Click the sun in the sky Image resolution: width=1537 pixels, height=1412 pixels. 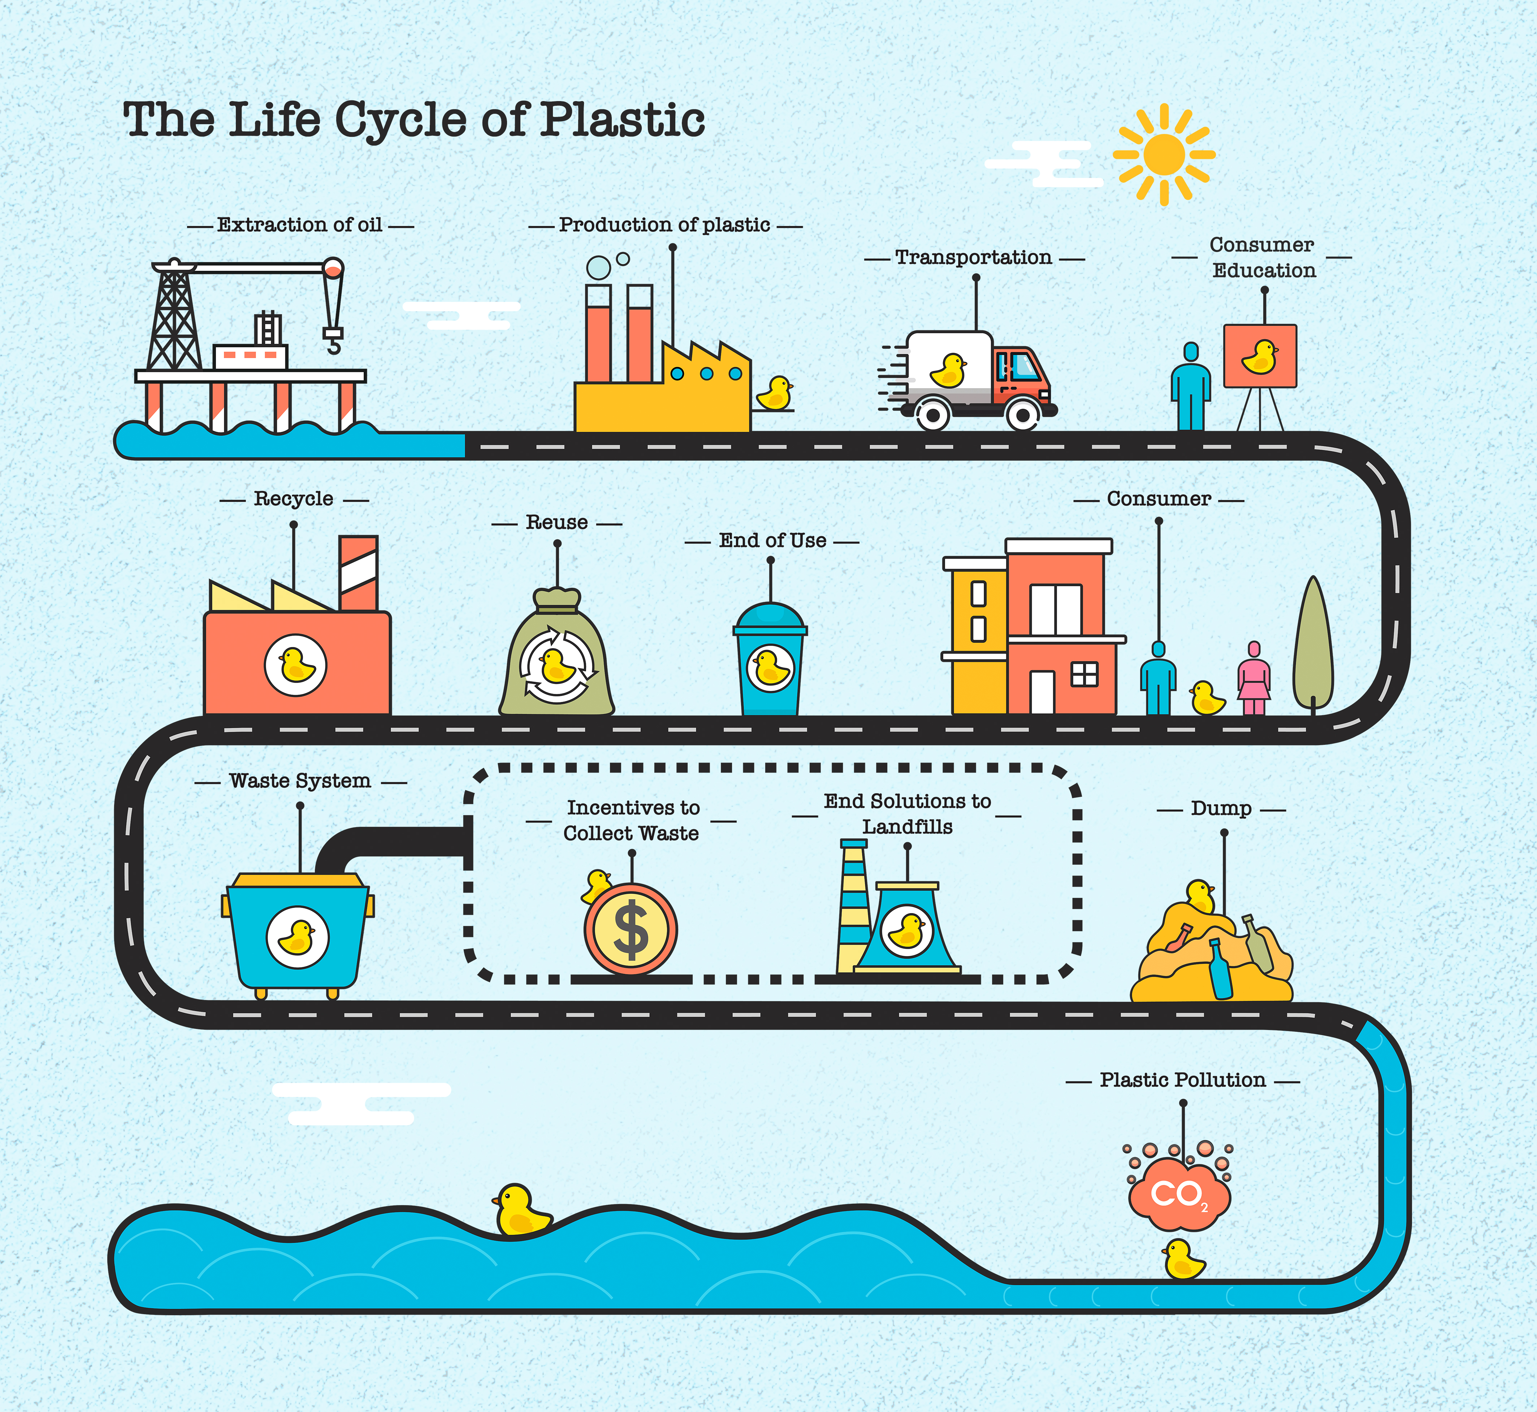point(1163,155)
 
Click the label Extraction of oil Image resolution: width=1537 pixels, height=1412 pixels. point(300,225)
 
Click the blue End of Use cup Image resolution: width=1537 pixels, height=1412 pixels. point(770,661)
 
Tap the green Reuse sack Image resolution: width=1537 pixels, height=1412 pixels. point(557,657)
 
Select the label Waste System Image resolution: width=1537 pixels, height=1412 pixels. point(300,781)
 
